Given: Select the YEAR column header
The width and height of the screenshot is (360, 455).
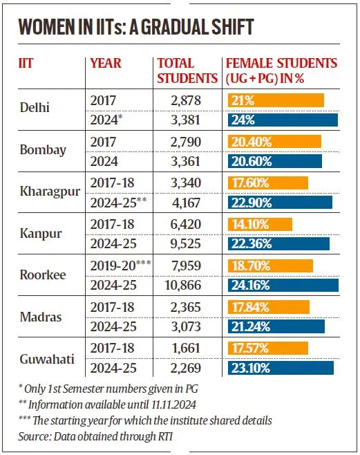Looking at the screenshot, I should click(106, 64).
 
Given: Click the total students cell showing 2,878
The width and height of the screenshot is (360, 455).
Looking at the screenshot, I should click(184, 101).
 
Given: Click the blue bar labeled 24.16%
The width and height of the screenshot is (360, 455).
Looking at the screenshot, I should click(283, 285).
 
